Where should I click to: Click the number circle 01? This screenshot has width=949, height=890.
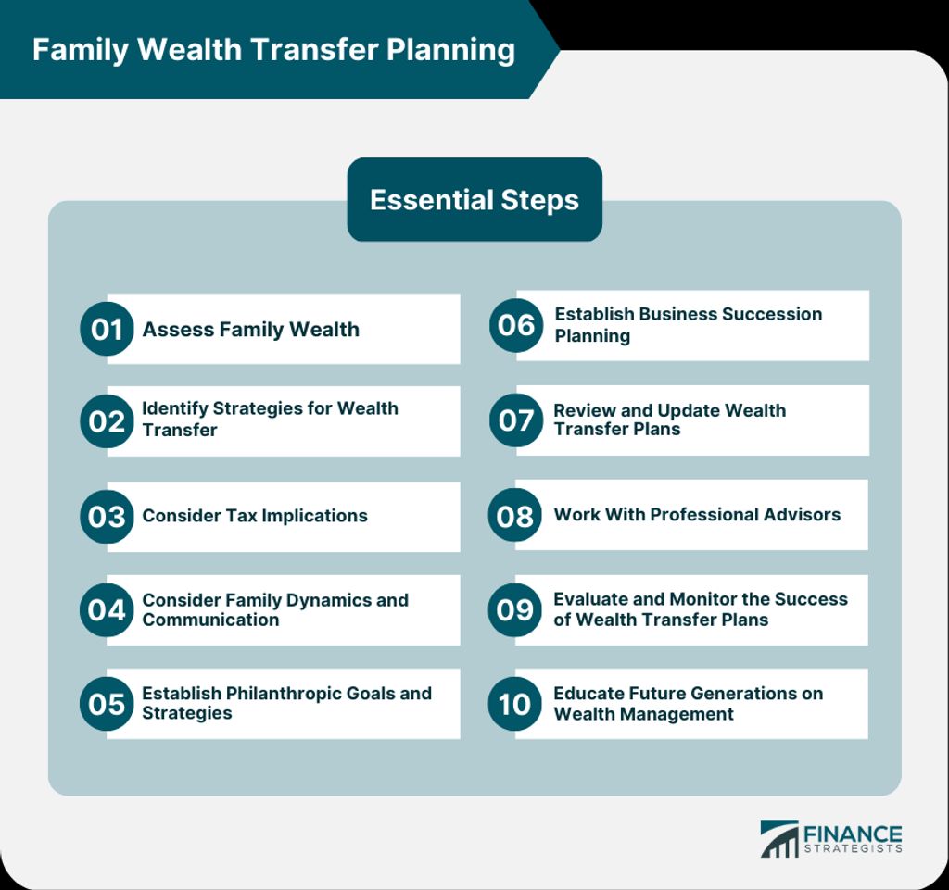[107, 329]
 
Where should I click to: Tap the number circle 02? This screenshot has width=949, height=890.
[107, 421]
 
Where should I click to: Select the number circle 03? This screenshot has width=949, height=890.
[107, 517]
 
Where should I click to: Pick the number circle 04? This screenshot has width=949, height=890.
[107, 610]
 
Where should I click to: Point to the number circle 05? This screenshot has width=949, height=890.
[107, 704]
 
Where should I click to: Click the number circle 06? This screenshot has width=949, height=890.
[516, 325]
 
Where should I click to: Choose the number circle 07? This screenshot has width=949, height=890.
[516, 420]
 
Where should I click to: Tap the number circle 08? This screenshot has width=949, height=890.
[515, 515]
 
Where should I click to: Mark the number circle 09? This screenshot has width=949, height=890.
[515, 610]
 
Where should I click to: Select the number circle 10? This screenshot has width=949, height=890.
[515, 704]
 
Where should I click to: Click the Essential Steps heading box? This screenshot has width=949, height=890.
[474, 199]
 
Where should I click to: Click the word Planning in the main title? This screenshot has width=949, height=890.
[451, 50]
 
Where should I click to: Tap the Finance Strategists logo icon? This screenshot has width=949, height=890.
[779, 839]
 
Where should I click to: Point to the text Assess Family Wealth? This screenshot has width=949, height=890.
[250, 330]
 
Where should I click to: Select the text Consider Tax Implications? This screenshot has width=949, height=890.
[255, 516]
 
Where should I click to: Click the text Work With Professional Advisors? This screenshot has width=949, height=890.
[697, 515]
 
